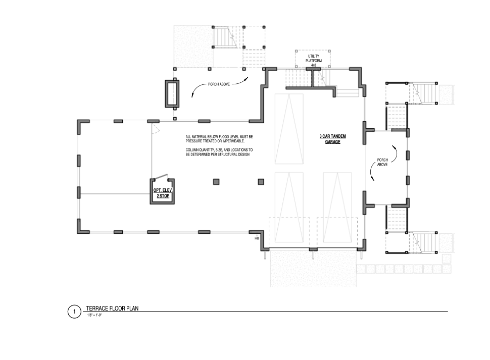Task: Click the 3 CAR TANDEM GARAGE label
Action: (332, 139)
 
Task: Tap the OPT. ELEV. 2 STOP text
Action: (163, 193)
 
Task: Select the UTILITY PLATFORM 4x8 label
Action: (313, 61)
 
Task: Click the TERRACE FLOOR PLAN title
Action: (112, 308)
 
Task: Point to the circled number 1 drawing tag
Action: (74, 312)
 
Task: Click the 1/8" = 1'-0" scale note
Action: (94, 315)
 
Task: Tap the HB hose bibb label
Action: (257, 238)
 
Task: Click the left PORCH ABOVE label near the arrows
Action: (219, 84)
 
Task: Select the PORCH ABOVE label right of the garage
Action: (382, 162)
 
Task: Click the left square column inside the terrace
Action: (216, 182)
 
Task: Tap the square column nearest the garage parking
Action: (261, 182)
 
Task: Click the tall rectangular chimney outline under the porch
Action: (172, 94)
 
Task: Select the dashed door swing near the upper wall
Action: (156, 129)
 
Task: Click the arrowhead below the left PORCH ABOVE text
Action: (192, 95)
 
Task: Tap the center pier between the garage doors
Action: (313, 249)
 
